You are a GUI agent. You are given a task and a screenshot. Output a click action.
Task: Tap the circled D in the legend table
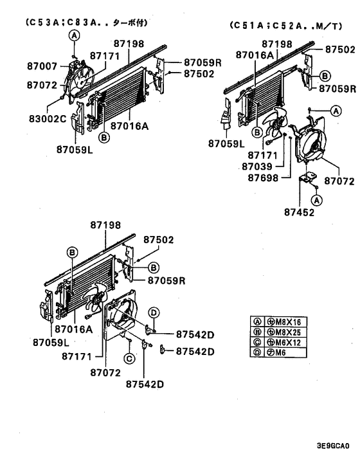tap(256, 352)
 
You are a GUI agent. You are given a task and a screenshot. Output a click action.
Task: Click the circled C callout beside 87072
tap(129, 358)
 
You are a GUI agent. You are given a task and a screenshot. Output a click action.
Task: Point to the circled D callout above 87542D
tap(154, 313)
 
